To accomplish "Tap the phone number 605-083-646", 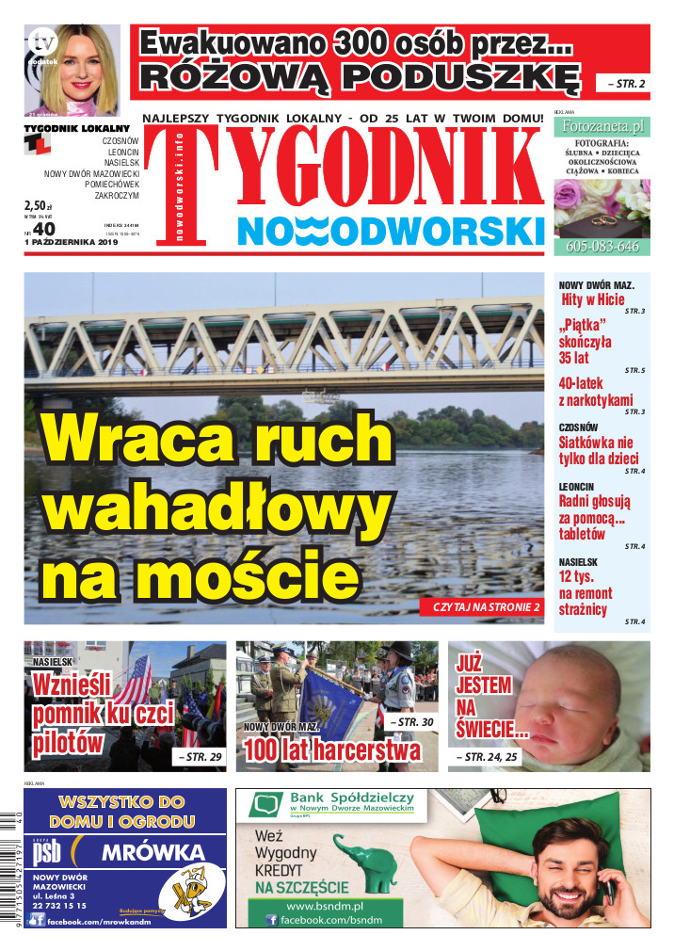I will pos(602,248).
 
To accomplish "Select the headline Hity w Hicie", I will pos(593,299).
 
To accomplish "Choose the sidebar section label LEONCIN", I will pos(576,487).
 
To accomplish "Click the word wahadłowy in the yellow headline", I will pos(217,506).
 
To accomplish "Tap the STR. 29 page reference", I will pos(199,757).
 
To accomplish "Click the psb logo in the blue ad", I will pos(49,853).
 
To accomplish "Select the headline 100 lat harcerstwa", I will pos(331,750).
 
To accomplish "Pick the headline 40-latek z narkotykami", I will pos(596,392).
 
